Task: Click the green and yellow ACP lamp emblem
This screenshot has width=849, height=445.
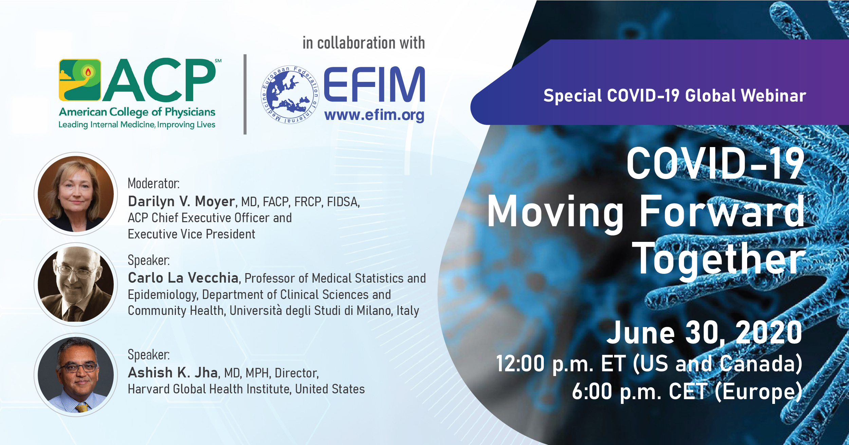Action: pos(80,80)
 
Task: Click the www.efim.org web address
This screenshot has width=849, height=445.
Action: pos(374,115)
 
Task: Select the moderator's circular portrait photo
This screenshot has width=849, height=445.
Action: pos(76,194)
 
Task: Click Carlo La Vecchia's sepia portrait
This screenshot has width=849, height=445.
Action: pos(76,284)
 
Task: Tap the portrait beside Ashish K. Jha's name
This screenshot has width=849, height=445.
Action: pos(76,374)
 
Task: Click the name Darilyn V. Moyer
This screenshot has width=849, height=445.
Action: pos(181,201)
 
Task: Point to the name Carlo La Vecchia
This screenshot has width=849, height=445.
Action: pos(183,278)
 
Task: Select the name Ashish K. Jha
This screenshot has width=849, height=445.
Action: pos(173,373)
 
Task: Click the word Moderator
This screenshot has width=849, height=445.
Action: pos(153,183)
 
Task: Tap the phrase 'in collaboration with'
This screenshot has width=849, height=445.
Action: pos(364,43)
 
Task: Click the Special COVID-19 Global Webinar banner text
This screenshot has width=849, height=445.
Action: pos(675,95)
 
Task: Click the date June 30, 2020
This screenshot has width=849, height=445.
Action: pos(705,333)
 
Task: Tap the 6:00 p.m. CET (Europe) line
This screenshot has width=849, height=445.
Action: pos(687,391)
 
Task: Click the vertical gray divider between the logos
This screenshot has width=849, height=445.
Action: pos(245,94)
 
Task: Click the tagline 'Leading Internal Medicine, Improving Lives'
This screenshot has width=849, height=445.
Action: pos(137,125)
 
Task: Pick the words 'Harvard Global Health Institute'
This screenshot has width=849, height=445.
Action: pos(209,389)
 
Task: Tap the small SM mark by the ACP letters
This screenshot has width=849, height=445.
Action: pos(218,61)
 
